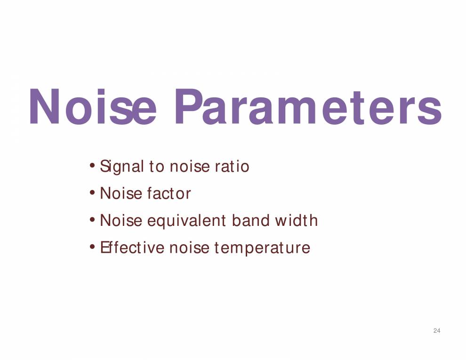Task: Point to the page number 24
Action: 436,331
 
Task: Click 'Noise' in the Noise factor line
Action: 121,194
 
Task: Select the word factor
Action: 169,194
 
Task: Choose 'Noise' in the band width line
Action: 121,221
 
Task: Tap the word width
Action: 297,221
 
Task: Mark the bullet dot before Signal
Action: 93,166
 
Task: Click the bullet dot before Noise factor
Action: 93,193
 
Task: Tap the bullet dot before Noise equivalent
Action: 93,220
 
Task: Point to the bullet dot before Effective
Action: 93,247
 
